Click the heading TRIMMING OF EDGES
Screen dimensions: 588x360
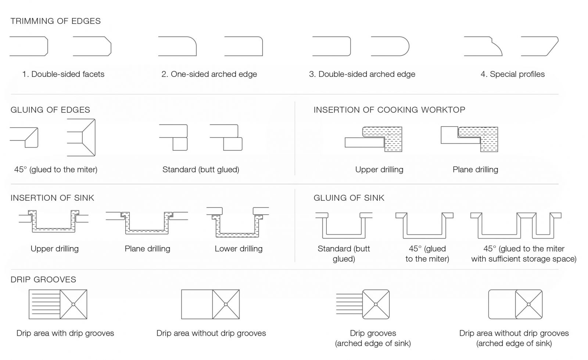55,21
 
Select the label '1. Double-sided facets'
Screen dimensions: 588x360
63,74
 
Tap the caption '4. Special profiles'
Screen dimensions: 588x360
513,74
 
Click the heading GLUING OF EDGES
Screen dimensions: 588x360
50,110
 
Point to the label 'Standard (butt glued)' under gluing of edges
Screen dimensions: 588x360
201,170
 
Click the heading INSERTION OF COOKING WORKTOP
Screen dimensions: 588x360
389,110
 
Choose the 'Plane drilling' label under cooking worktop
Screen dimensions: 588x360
476,170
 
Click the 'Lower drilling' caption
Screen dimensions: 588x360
239,249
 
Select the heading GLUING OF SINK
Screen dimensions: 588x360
349,198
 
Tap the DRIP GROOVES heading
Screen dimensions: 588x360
43,279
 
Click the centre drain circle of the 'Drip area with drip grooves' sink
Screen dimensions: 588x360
73,304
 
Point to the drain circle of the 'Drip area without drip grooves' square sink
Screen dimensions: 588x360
226,304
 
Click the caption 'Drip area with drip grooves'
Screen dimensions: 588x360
65,334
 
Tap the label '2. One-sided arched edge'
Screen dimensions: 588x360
209,74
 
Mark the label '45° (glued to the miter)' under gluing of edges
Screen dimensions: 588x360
55,170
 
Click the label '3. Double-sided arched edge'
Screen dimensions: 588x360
362,74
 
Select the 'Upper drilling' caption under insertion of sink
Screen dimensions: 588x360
55,249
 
